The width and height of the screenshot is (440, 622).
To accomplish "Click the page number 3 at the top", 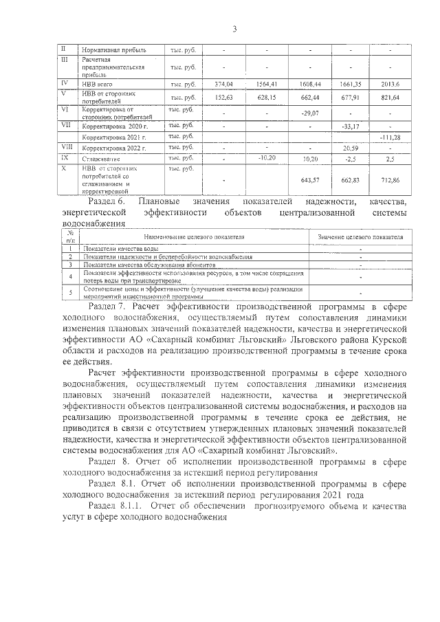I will point(234,28).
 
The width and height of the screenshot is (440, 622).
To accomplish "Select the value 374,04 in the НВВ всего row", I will point(224,84).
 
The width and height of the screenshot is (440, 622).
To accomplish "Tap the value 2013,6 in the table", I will point(389,84).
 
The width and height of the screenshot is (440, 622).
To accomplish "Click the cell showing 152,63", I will point(224,97).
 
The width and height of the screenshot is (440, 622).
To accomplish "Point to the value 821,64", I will point(389,97).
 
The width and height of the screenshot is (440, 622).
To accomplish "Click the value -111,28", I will point(389,137).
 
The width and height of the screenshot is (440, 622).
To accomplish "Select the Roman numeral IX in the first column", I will point(64,157).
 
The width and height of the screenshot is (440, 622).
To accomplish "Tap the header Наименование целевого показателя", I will point(194,236).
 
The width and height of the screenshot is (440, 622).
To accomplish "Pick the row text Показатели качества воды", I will point(121,247).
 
